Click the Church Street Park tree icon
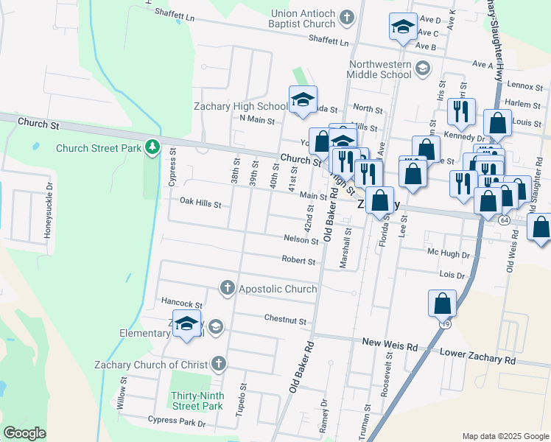tap(152, 147)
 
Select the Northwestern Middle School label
tap(380, 69)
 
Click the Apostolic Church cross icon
tap(228, 288)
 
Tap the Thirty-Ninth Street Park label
tap(197, 400)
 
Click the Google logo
tap(24, 433)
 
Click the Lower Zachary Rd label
tap(478, 360)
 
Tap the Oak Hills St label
tap(200, 203)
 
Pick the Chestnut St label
tap(285, 320)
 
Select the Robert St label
tap(298, 260)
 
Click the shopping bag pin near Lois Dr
tap(442, 303)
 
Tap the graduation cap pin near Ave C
tap(403, 27)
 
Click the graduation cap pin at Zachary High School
tap(302, 100)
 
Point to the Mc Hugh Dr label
tap(449, 254)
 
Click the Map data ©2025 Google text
tap(505, 435)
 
